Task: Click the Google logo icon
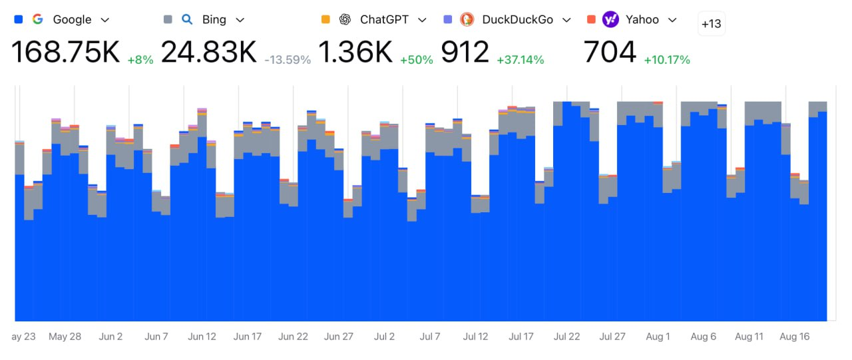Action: click(x=38, y=19)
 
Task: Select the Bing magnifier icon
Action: click(x=188, y=19)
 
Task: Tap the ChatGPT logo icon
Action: click(x=345, y=19)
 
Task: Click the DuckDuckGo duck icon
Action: click(x=467, y=19)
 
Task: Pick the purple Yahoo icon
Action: click(x=610, y=19)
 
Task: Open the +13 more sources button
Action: click(x=711, y=24)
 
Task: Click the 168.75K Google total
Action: click(x=65, y=53)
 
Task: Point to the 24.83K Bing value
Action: click(x=208, y=53)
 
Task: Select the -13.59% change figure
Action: click(x=288, y=60)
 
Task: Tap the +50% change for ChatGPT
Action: click(x=417, y=60)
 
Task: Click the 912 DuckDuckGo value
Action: click(x=465, y=53)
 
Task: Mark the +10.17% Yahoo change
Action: click(x=667, y=60)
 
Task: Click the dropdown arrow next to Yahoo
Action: click(x=672, y=20)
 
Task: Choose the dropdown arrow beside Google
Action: click(x=105, y=20)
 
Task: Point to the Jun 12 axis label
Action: click(x=202, y=337)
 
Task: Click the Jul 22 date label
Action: click(x=566, y=337)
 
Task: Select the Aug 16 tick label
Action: click(x=795, y=337)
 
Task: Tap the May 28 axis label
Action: click(x=65, y=337)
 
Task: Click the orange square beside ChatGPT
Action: click(x=325, y=19)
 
